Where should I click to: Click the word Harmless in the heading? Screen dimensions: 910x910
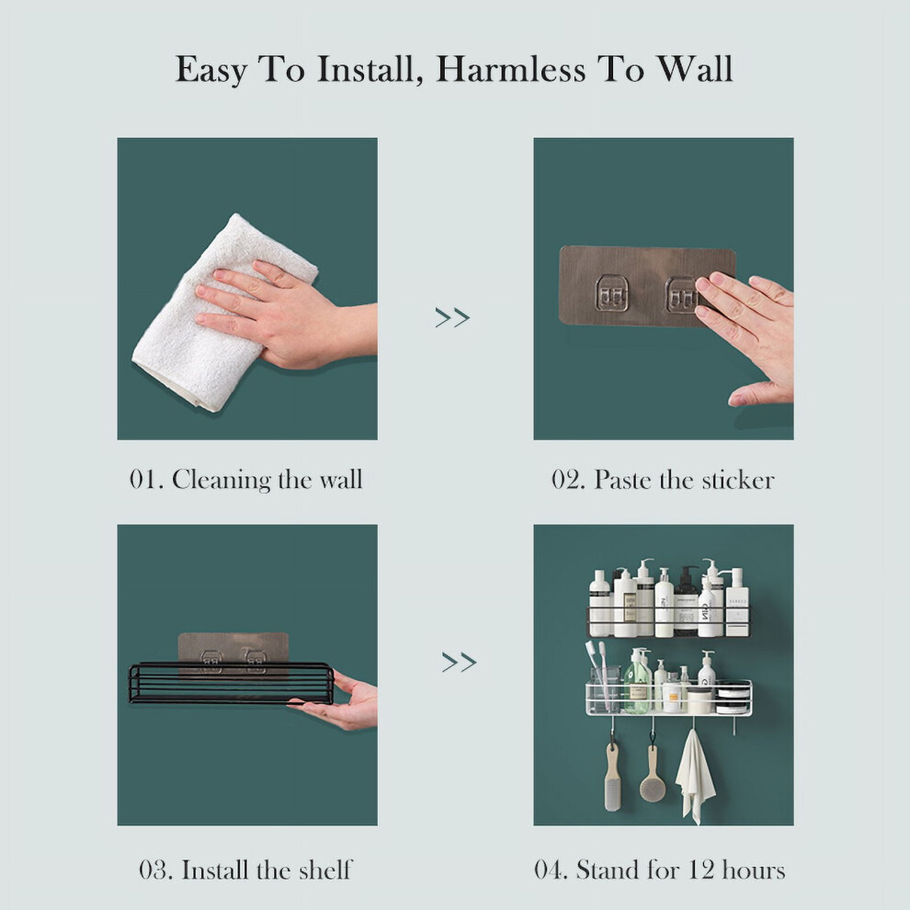pyautogui.click(x=511, y=69)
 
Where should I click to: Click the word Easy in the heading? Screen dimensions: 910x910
pyautogui.click(x=211, y=71)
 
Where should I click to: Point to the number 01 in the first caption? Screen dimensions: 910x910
pyautogui.click(x=142, y=480)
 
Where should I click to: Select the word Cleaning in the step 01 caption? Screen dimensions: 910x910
pyautogui.click(x=222, y=481)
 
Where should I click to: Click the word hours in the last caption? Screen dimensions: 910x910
pyautogui.click(x=754, y=870)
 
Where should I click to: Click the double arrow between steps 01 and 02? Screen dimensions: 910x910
pyautogui.click(x=452, y=317)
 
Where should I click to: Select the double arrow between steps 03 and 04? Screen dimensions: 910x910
pyautogui.click(x=459, y=662)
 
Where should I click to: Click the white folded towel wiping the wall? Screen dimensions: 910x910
pyautogui.click(x=221, y=313)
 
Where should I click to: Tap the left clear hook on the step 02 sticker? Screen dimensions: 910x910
pyautogui.click(x=611, y=292)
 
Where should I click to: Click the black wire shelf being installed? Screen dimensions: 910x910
pyautogui.click(x=231, y=683)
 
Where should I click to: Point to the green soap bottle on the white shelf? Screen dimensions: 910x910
pyautogui.click(x=638, y=682)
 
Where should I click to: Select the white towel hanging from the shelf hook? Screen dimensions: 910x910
pyautogui.click(x=695, y=777)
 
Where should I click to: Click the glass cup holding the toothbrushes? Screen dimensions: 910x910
pyautogui.click(x=604, y=689)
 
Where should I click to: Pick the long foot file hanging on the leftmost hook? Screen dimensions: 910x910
pyautogui.click(x=613, y=777)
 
